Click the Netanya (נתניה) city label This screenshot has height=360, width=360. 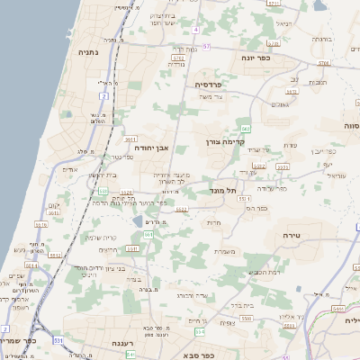(89, 51)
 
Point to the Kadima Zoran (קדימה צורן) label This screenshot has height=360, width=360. (220, 141)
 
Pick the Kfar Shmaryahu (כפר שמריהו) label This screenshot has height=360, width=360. (19, 342)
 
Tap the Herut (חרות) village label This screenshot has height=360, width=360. (213, 222)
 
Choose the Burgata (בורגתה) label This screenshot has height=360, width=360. (322, 39)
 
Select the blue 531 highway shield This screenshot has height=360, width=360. (57, 341)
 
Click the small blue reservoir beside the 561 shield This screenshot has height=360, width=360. (137, 220)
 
